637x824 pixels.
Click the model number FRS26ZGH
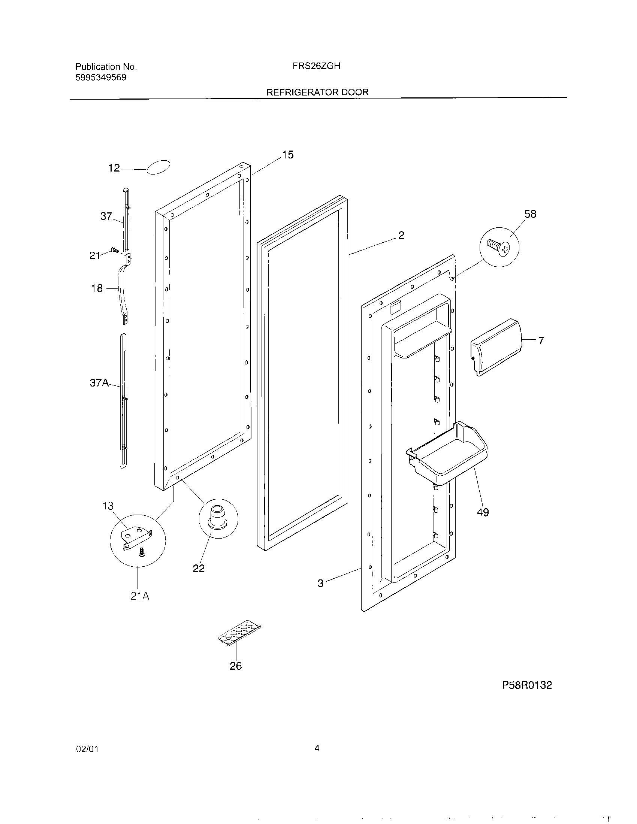click(316, 66)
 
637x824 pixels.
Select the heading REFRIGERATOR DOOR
click(317, 92)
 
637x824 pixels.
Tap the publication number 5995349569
click(101, 78)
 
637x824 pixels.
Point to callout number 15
click(287, 155)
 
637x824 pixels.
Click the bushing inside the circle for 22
click(217, 515)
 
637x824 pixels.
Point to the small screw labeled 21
click(114, 249)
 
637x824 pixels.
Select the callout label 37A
click(99, 383)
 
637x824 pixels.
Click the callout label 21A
click(140, 596)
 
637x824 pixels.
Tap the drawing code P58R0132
click(526, 685)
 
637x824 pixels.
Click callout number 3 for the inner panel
click(320, 584)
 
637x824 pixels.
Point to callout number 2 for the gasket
click(401, 236)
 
